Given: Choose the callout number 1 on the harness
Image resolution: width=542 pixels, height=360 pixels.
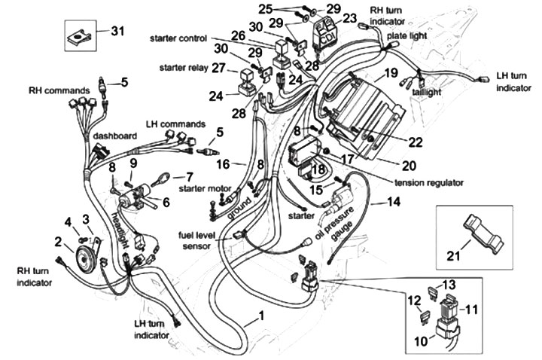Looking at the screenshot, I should pos(262,316).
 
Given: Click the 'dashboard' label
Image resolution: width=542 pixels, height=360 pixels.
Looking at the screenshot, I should pos(114,136).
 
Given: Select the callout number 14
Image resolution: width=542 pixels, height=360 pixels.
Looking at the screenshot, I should pos(391,202).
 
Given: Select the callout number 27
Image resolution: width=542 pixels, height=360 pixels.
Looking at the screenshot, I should pos(218,67).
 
